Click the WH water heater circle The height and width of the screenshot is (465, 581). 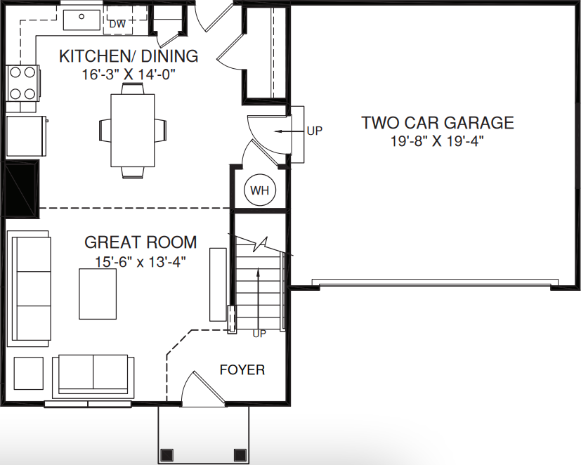pos(260,190)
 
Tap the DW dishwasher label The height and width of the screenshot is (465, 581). pos(117,25)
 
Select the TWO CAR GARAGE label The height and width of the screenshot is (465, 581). pos(437,123)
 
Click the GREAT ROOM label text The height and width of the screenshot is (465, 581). pos(141,242)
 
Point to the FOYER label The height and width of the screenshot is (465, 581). pos(242,369)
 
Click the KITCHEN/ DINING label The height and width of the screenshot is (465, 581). pos(128,55)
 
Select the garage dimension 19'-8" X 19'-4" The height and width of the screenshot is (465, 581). pos(437,141)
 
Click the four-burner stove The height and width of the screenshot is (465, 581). pos(22,82)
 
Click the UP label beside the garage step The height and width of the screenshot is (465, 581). pos(314,131)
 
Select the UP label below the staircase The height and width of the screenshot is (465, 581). pos(259,334)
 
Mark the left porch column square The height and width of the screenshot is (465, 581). pos(167,454)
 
